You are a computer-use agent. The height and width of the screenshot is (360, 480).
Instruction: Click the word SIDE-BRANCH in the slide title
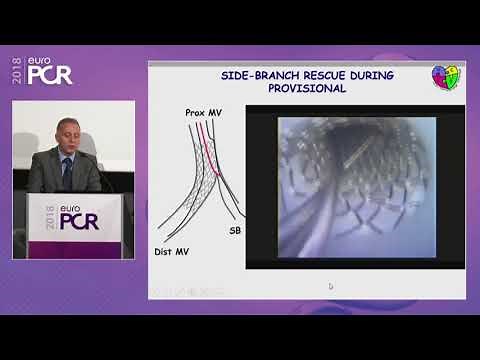[261, 76]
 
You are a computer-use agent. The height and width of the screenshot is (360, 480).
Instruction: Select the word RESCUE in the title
[325, 76]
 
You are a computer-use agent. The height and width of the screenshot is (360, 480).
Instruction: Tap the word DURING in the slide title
[373, 76]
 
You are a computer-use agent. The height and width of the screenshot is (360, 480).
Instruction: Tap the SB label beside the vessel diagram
[234, 230]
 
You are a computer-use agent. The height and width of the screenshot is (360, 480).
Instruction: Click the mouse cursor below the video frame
[330, 286]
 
